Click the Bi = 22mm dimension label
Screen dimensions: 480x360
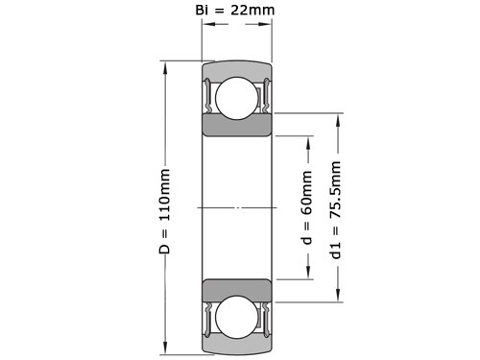pos(235,10)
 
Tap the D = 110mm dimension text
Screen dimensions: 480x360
pos(164,211)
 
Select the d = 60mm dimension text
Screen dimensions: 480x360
pos(306,207)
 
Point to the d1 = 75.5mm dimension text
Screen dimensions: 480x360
pos(335,210)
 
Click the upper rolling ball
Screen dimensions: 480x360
pos(237,99)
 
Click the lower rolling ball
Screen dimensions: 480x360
pos(237,317)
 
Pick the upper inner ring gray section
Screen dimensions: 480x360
pos(237,126)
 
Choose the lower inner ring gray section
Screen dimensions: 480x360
pos(237,290)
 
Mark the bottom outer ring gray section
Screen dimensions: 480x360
pos(237,347)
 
